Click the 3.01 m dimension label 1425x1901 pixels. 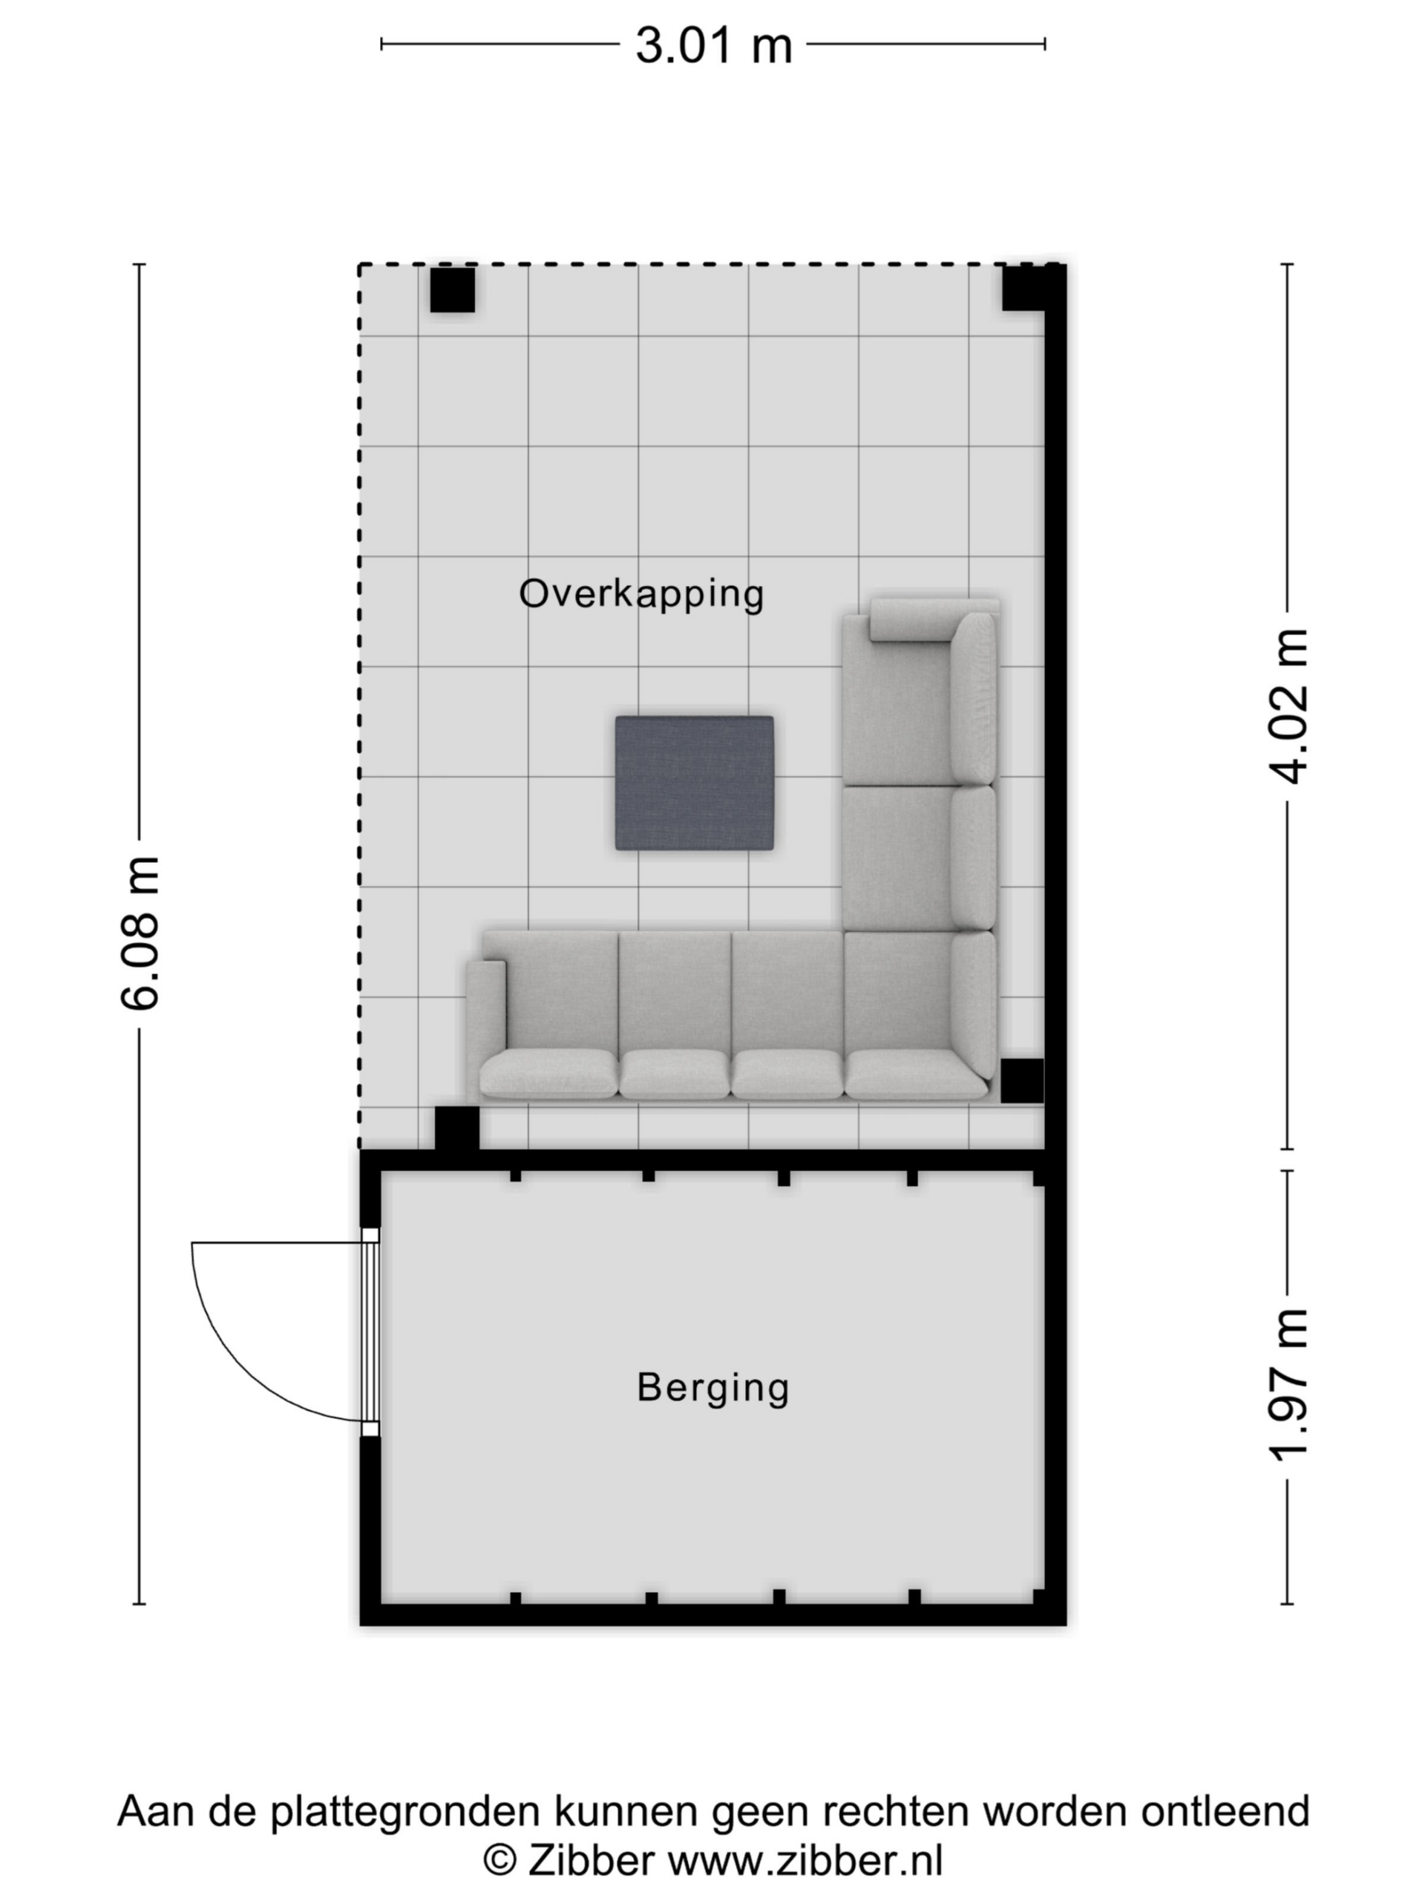(x=713, y=45)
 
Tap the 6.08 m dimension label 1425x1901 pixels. (x=139, y=933)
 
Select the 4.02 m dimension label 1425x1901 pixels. (x=1288, y=705)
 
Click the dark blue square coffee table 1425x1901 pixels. (x=694, y=783)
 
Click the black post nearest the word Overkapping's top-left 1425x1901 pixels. (x=452, y=290)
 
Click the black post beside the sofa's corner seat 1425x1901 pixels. (x=1022, y=1080)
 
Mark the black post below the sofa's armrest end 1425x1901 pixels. (x=457, y=1129)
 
